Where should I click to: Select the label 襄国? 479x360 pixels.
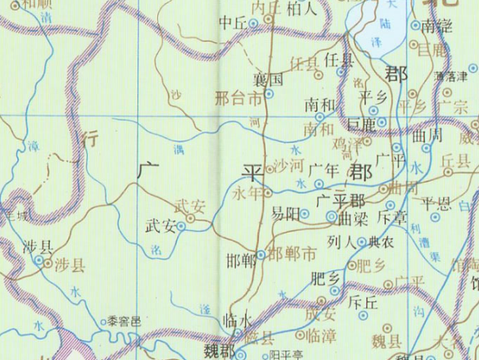click(269, 78)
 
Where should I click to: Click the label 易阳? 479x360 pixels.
click(285, 214)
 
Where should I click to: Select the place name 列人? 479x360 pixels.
click(341, 244)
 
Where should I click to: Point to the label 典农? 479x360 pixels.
click(380, 244)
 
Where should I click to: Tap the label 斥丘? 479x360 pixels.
click(361, 302)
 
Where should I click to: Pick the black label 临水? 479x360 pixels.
click(238, 321)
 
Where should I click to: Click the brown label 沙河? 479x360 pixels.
click(287, 165)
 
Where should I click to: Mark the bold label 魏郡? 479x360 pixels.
click(221, 351)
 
